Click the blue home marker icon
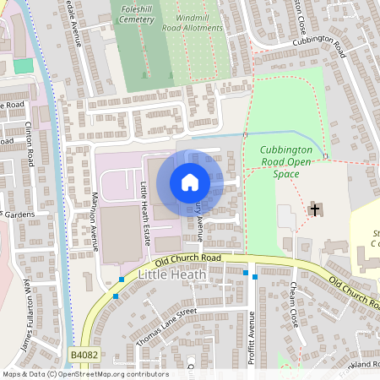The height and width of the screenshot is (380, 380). pos(190,182)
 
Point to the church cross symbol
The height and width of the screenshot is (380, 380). pos(316,209)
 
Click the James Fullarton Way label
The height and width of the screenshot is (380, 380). pos(29,317)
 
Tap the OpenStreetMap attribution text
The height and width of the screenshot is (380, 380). pos(84,374)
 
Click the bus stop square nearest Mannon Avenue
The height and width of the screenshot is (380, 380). pos(122,279)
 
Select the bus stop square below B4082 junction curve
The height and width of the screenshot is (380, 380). pos(116,296)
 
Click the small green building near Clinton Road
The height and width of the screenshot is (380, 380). pos(23,65)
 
